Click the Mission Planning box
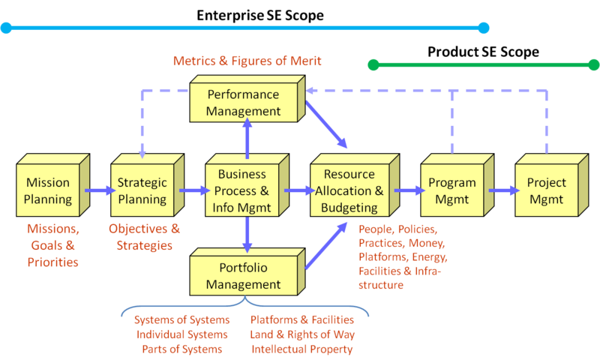point(48,190)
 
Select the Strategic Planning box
point(142,190)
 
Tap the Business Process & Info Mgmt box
point(242,190)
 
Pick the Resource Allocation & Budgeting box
point(349,190)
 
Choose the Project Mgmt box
point(547,190)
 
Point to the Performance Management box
point(244,103)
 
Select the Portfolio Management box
point(244,276)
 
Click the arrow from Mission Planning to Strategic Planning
point(98,190)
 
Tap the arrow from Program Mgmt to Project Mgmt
point(503,190)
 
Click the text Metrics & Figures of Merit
point(247,61)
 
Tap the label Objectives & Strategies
point(144,236)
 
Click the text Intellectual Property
point(302,349)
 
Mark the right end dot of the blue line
point(484,28)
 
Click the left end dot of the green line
point(373,65)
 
